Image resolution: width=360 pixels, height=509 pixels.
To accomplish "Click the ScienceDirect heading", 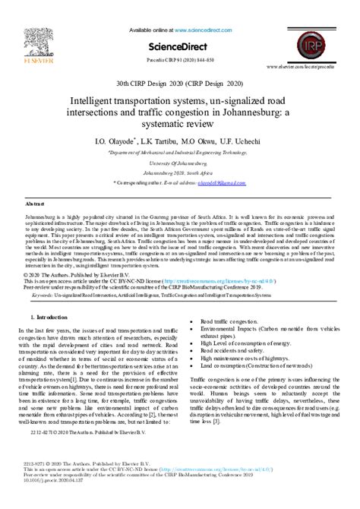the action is coord(179,45).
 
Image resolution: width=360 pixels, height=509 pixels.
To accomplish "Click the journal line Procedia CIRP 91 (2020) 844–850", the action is coord(179,60).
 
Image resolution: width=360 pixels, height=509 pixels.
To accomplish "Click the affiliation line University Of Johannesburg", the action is coord(179,163).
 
